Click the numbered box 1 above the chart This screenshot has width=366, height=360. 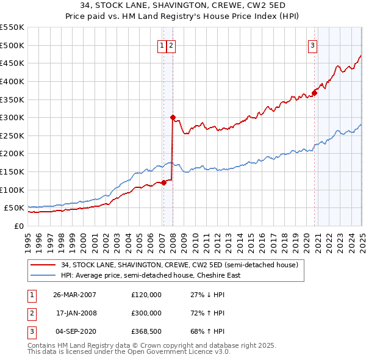pyautogui.click(x=163, y=45)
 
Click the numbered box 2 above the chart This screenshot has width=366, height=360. pyautogui.click(x=171, y=45)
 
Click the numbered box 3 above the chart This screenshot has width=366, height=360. pyautogui.click(x=312, y=45)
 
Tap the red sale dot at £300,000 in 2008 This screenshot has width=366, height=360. pyautogui.click(x=173, y=117)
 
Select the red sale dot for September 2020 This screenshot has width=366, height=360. pyautogui.click(x=315, y=93)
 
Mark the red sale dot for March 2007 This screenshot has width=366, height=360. pyautogui.click(x=163, y=182)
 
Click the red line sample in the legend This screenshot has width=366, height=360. pyautogui.click(x=43, y=265)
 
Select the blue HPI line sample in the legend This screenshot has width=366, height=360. pyautogui.click(x=43, y=275)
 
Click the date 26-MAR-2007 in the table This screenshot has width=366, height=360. pyautogui.click(x=75, y=295)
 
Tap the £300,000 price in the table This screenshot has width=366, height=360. pyautogui.click(x=146, y=313)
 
